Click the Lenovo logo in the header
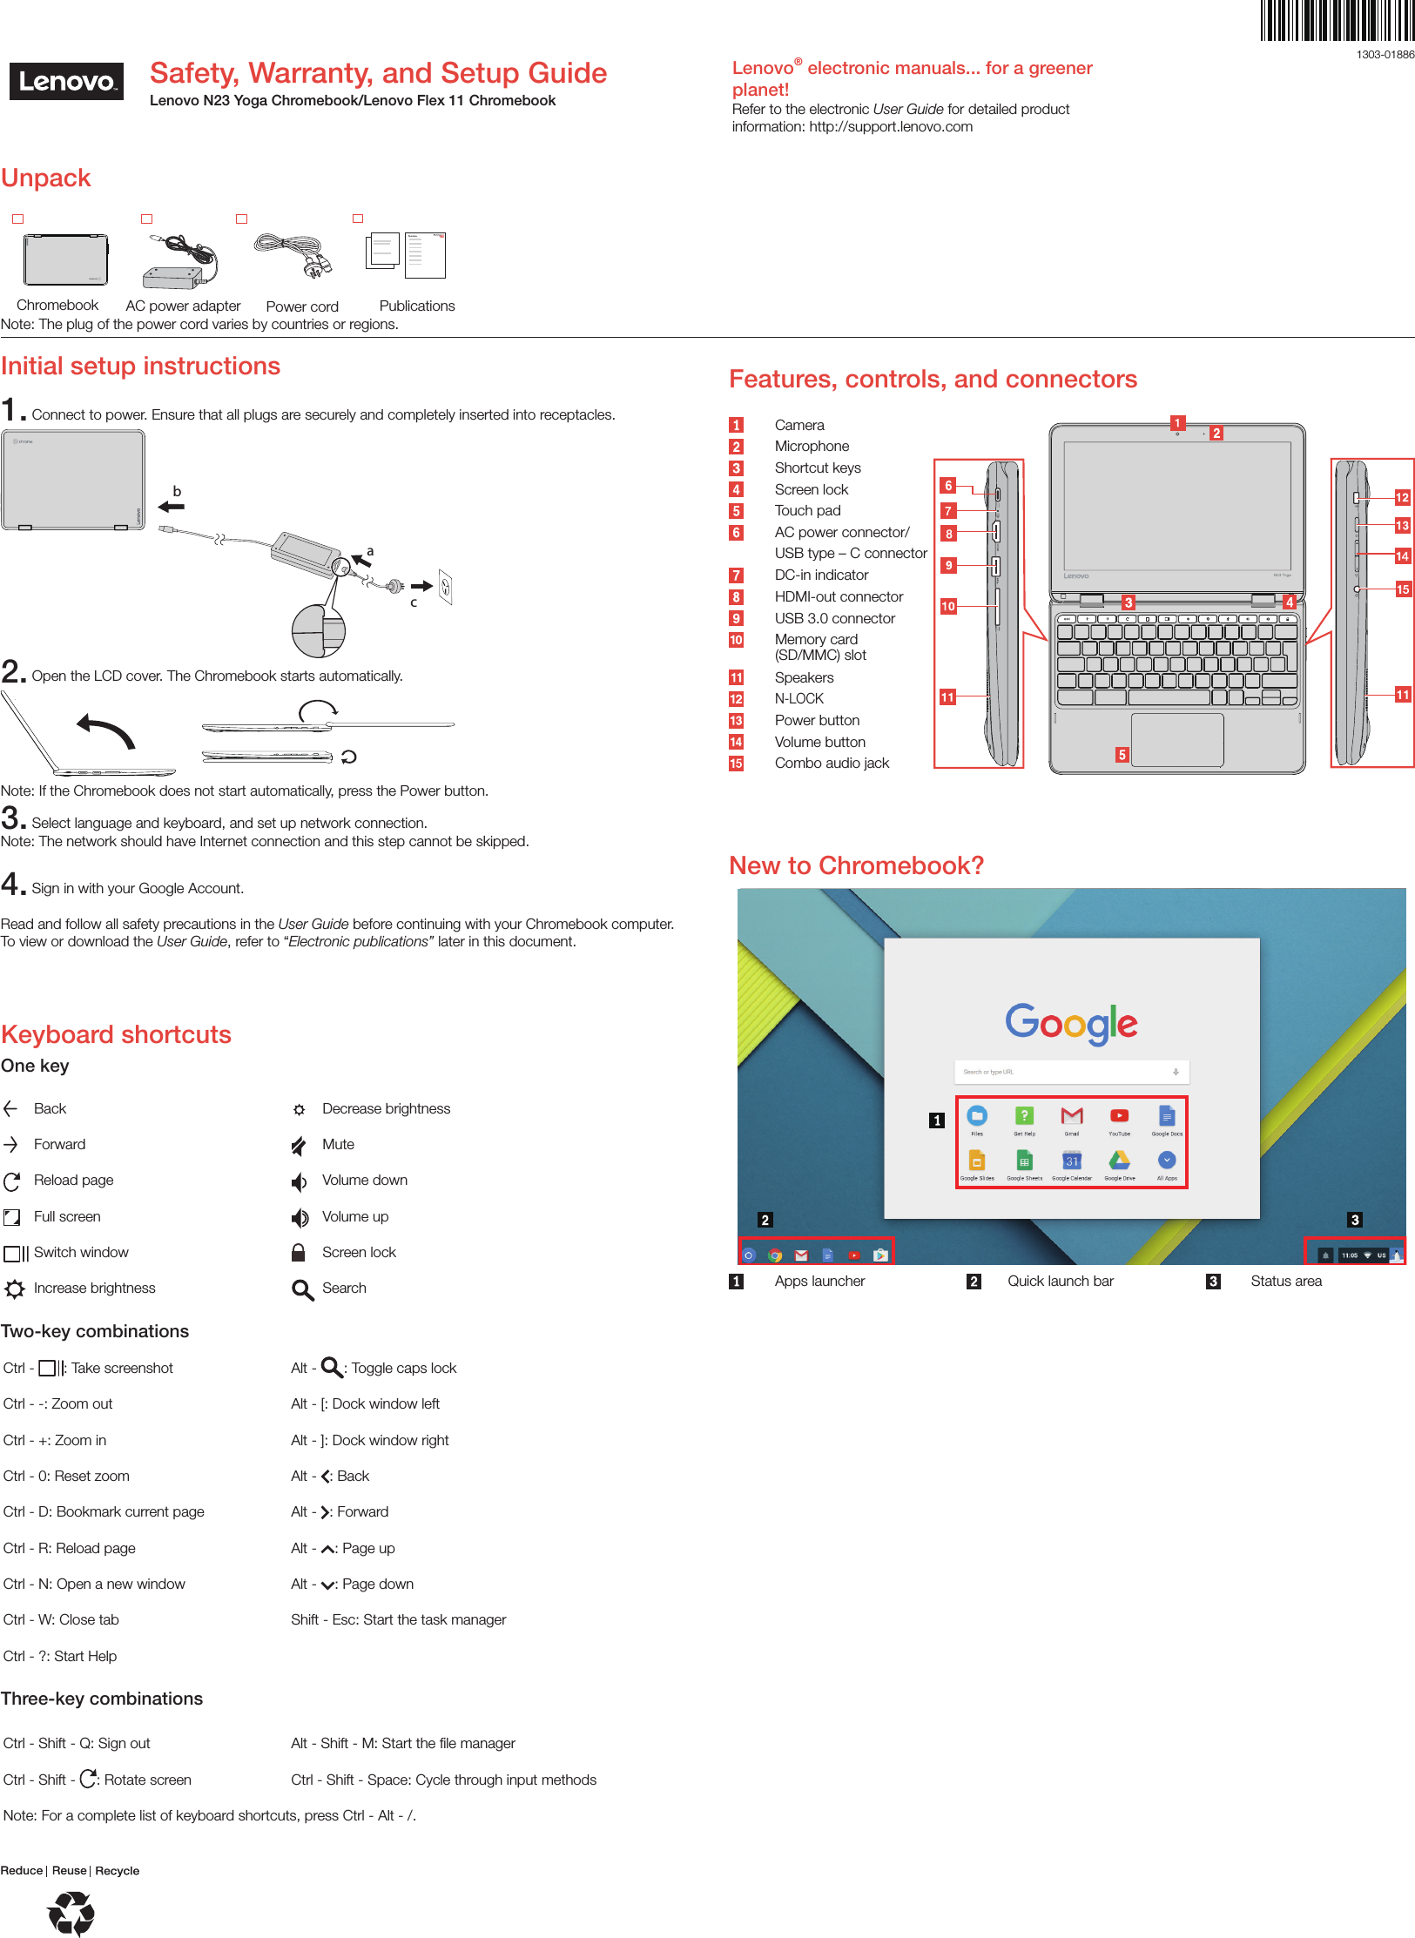(x=66, y=82)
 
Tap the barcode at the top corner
(x=1338, y=22)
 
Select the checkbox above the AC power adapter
(x=147, y=219)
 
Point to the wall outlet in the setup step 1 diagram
(x=446, y=588)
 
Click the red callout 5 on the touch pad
(x=1122, y=755)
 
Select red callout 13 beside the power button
(x=1402, y=526)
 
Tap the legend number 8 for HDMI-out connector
(x=737, y=597)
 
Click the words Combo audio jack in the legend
(x=832, y=764)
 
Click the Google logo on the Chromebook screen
(x=1071, y=1023)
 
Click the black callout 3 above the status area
(x=1354, y=1221)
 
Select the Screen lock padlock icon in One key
(x=298, y=1253)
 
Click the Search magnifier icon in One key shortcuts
(x=302, y=1289)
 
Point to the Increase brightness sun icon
(x=15, y=1289)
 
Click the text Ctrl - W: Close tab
(x=61, y=1620)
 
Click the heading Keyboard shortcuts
(x=116, y=1034)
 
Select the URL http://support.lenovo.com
(x=891, y=127)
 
